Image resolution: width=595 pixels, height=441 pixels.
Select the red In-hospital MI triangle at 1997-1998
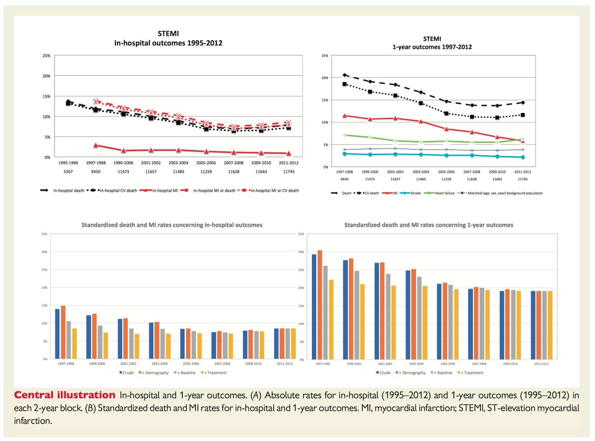click(95, 145)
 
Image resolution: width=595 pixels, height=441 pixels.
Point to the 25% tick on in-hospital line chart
click(45, 56)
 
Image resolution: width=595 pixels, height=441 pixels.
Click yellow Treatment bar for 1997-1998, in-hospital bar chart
click(74, 343)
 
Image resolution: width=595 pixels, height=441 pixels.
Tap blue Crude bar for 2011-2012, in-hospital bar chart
click(276, 343)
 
